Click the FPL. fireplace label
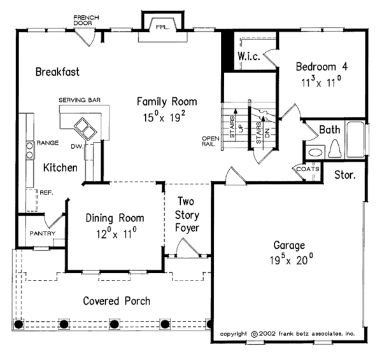coord(162,27)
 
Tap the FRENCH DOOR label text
coord(86,20)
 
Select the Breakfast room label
coord(57,72)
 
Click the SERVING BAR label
coord(80,100)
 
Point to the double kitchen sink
coord(85,128)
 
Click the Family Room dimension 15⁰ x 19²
coord(164,117)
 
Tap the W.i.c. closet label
coord(249,56)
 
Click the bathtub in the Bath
coord(356,139)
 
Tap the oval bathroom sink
coord(316,153)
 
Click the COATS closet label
coord(308,169)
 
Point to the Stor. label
coord(345,175)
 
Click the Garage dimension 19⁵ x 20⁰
coord(292,260)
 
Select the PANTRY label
coord(43,233)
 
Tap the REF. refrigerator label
coord(46,193)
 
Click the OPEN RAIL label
coord(210,141)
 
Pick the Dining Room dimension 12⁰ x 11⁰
coord(117,233)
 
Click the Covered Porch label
coord(117,301)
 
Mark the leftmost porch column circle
coord(18,324)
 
